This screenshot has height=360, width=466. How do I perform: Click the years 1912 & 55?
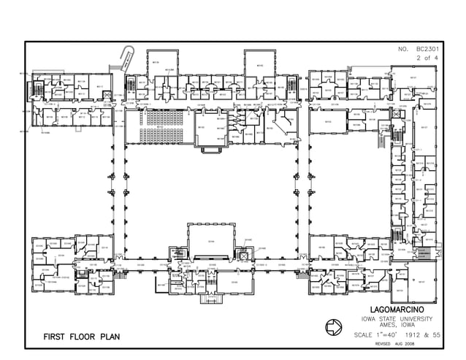click(x=423, y=335)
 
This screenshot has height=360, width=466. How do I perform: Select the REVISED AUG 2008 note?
click(x=394, y=343)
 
